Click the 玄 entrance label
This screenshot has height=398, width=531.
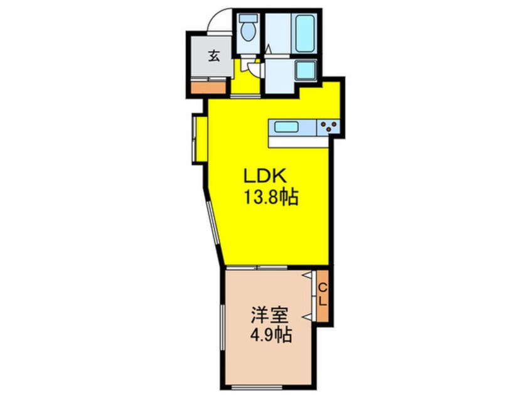point(214,56)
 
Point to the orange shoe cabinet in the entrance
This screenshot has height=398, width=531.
point(208,86)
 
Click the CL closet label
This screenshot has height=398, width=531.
point(323,295)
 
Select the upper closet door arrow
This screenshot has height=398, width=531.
point(308,276)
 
